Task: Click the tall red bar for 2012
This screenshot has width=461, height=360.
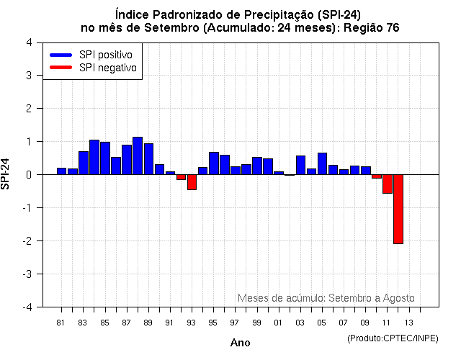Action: (x=398, y=209)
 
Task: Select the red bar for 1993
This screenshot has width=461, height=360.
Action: (x=192, y=182)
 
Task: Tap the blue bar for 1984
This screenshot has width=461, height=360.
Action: (x=94, y=157)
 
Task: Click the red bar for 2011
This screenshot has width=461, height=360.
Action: (x=387, y=184)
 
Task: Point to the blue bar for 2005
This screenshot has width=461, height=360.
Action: (x=322, y=163)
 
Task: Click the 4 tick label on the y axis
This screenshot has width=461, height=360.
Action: (x=28, y=42)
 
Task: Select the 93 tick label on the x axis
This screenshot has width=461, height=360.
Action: (x=191, y=323)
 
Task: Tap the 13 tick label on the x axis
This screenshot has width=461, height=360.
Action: (x=408, y=323)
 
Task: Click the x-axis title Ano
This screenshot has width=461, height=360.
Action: (x=240, y=343)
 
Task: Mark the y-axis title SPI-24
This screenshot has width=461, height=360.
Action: (x=6, y=174)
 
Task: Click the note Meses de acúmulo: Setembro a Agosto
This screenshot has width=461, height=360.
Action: (x=326, y=298)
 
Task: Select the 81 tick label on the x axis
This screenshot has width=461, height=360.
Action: (x=61, y=323)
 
